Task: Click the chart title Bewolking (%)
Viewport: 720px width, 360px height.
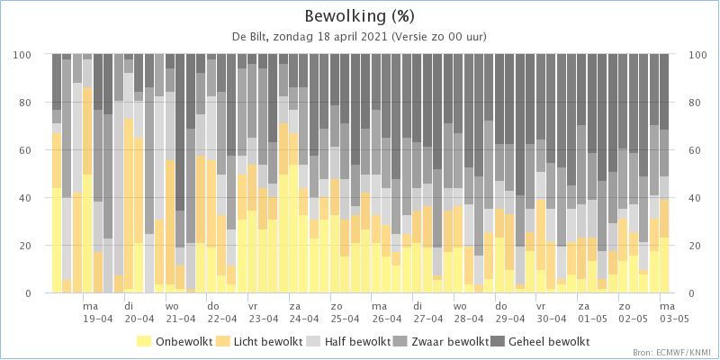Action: coord(359,16)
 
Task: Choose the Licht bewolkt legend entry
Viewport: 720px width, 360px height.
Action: coord(259,341)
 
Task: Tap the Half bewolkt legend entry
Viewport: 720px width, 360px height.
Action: coord(348,341)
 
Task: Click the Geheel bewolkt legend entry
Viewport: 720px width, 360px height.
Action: coord(540,341)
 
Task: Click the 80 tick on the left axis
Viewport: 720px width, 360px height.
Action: coord(38,102)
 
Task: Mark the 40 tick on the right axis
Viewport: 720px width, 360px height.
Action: coord(684,197)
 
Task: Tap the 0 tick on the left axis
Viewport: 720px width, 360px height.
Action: coord(40,293)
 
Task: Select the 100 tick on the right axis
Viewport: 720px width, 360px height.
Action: coord(687,54)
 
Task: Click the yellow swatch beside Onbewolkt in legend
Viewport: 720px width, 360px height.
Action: coord(145,341)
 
